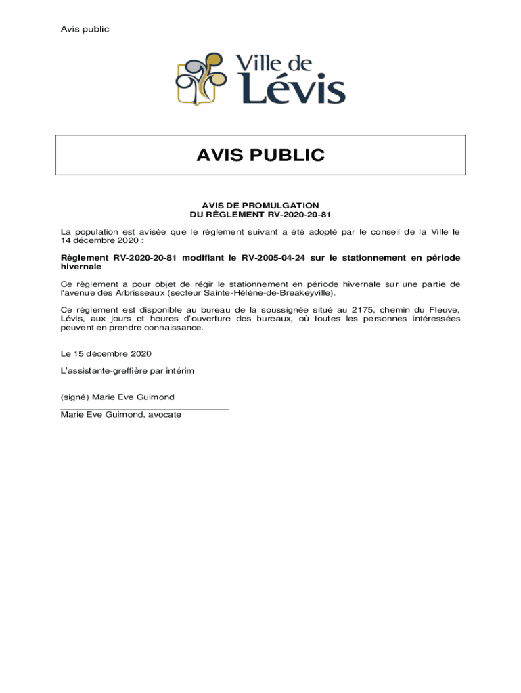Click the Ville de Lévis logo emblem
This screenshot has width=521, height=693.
tap(201, 80)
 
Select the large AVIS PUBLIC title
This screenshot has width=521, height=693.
tap(260, 156)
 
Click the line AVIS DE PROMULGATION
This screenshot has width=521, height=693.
tap(260, 205)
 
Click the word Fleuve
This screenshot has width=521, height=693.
tap(445, 310)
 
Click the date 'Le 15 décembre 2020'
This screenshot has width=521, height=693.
tap(106, 353)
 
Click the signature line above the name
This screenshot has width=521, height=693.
tap(144, 409)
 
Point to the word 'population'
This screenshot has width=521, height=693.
tap(95, 231)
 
